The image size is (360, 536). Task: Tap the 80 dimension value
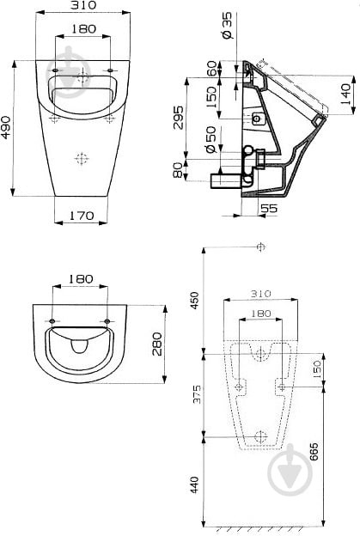point(178,170)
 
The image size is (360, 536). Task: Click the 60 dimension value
point(212,70)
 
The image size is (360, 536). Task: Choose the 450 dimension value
point(194,301)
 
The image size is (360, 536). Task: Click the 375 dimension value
point(194,393)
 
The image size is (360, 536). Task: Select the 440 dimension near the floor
point(194,483)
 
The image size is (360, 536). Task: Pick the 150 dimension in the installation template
point(317,370)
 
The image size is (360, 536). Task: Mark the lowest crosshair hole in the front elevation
point(82,159)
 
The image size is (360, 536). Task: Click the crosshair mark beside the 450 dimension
point(260,247)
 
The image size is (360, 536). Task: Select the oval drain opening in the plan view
point(80,345)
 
